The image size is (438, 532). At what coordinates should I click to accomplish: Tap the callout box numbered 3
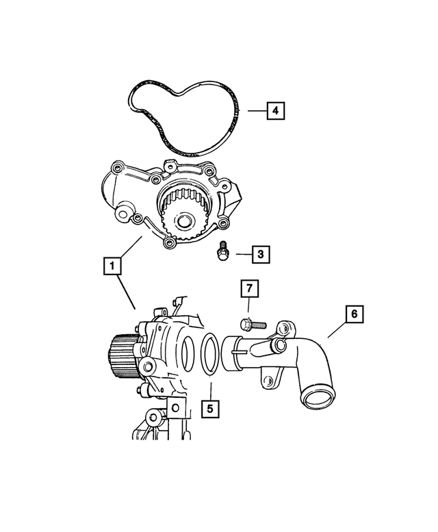(260, 255)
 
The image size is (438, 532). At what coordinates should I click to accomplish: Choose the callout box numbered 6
(355, 314)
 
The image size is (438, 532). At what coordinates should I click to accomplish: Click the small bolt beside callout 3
(222, 253)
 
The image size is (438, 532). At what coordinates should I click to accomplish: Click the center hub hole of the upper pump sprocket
(183, 222)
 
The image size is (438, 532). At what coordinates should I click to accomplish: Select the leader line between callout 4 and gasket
(254, 110)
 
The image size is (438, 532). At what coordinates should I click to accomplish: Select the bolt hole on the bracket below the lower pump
(175, 409)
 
